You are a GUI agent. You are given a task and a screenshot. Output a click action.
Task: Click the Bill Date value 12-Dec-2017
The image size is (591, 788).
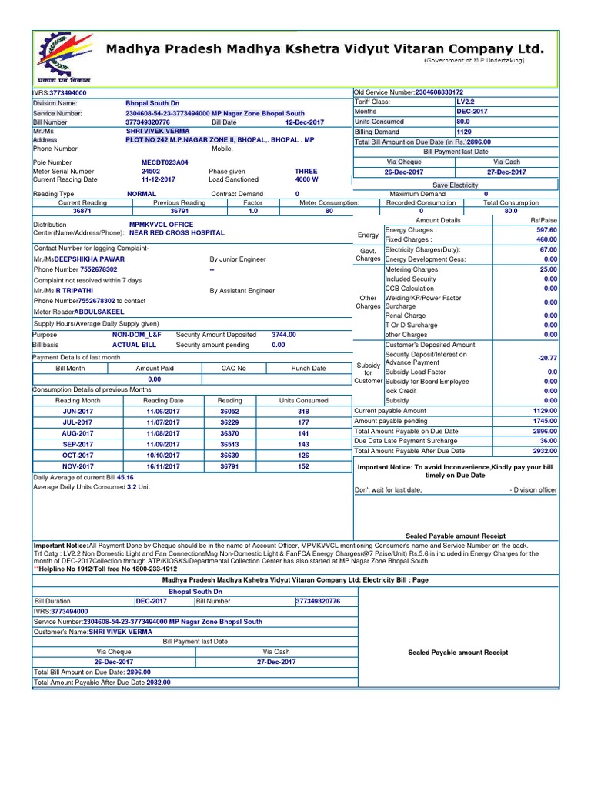tap(305, 122)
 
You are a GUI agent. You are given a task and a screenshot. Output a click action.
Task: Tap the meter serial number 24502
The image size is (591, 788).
tap(151, 172)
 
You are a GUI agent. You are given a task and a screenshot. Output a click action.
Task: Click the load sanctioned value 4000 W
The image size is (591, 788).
tap(307, 179)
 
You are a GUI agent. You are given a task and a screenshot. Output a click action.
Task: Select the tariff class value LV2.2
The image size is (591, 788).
tap(467, 102)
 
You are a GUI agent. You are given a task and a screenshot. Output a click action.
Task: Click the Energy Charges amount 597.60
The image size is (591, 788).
tap(547, 230)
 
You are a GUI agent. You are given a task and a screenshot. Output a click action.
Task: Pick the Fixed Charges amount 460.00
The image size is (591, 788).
tap(547, 239)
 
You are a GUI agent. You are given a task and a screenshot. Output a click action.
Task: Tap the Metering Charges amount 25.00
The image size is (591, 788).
tap(549, 269)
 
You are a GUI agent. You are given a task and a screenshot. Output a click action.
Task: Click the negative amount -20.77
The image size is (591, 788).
tap(548, 358)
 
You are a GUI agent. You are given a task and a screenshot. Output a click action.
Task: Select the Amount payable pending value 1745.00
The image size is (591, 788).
tap(545, 421)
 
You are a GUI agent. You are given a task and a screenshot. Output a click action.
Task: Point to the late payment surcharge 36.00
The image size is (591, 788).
tap(548, 441)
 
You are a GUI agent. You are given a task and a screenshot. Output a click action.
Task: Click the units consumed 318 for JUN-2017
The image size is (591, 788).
tap(302, 412)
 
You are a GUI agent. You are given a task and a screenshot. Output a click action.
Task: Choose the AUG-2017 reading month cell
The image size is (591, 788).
tap(78, 434)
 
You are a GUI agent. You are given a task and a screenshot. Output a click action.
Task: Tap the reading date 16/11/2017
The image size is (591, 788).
tap(164, 466)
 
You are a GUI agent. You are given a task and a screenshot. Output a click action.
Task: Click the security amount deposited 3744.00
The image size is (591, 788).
tap(284, 335)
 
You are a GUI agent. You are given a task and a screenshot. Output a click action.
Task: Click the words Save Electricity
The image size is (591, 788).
tap(455, 185)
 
